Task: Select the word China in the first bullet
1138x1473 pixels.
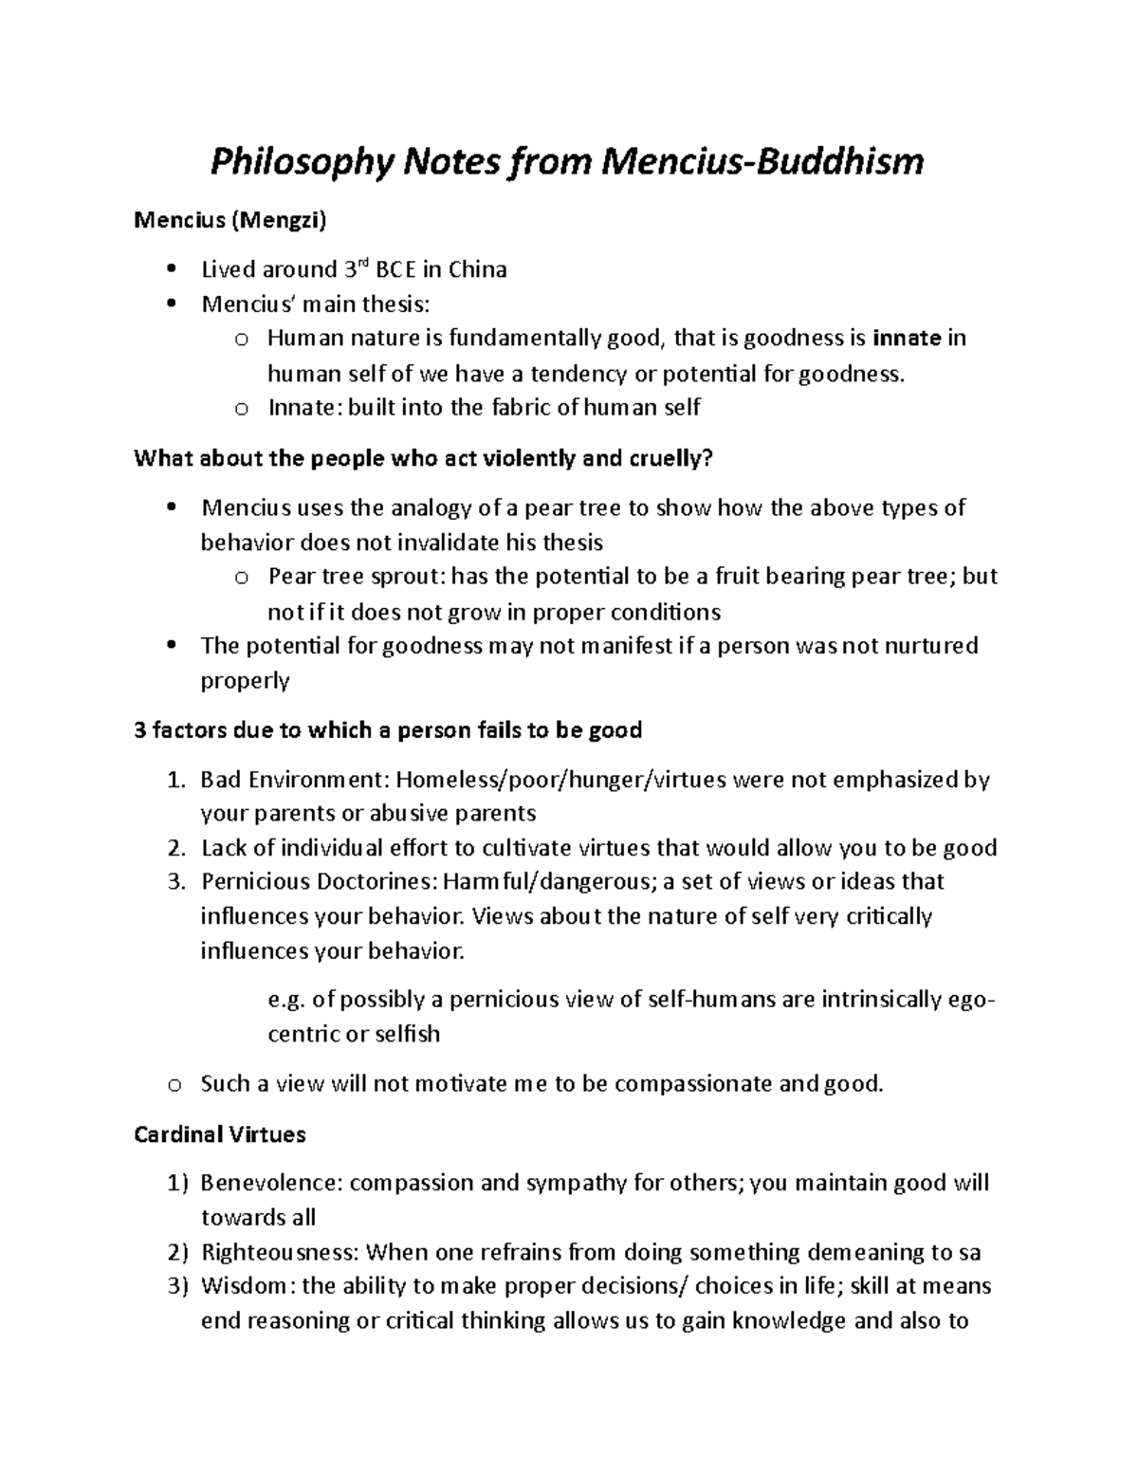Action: pos(477,270)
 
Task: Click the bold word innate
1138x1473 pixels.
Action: pos(907,339)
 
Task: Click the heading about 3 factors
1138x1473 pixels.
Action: pos(388,729)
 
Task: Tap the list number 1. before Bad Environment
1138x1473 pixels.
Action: pos(174,781)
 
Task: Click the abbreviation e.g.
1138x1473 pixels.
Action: pos(287,1000)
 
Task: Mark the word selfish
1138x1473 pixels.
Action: pos(407,1034)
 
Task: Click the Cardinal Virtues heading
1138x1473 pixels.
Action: pos(219,1133)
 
